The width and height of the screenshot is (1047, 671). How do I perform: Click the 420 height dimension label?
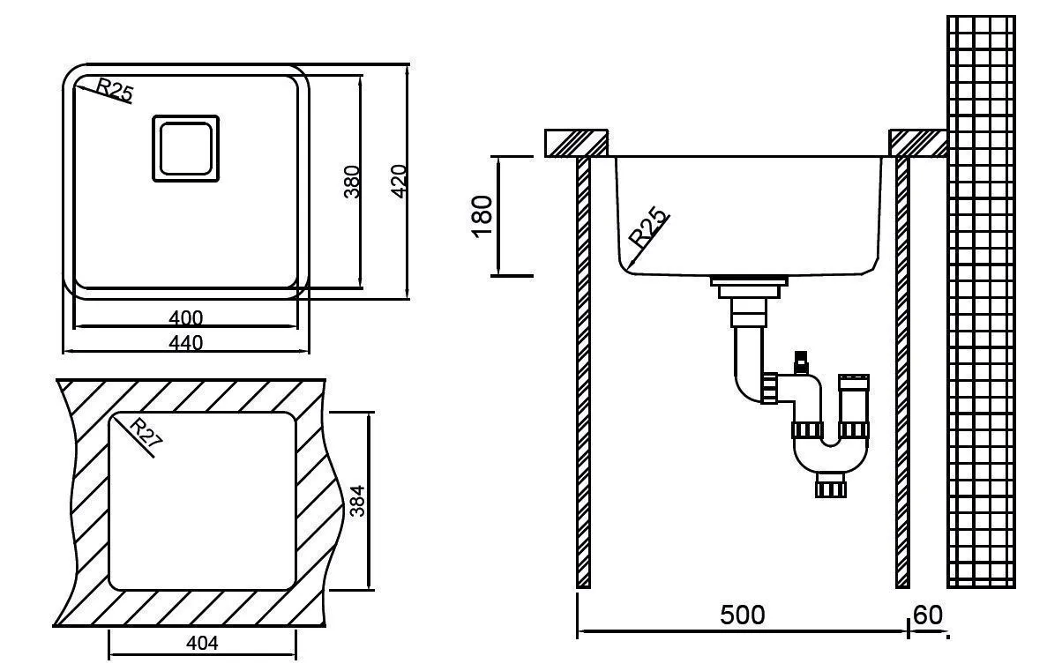pos(398,181)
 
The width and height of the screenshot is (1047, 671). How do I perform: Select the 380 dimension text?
pos(352,181)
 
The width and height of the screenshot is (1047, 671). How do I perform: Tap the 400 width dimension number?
pos(186,317)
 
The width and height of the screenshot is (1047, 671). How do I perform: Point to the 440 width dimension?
pos(186,342)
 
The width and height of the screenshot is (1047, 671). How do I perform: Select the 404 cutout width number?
pos(203,644)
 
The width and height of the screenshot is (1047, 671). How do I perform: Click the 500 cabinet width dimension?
pos(742,615)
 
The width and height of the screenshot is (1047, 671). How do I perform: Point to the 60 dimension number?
pos(928,615)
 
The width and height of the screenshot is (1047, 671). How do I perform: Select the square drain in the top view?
pos(185,148)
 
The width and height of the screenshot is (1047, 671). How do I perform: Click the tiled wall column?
pos(980,300)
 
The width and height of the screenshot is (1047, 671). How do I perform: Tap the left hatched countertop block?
pos(577,143)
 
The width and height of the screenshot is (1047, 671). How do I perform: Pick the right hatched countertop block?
pos(917,143)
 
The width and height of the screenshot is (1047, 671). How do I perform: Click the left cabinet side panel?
pos(583,370)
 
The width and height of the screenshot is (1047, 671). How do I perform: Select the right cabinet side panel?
pos(902,370)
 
